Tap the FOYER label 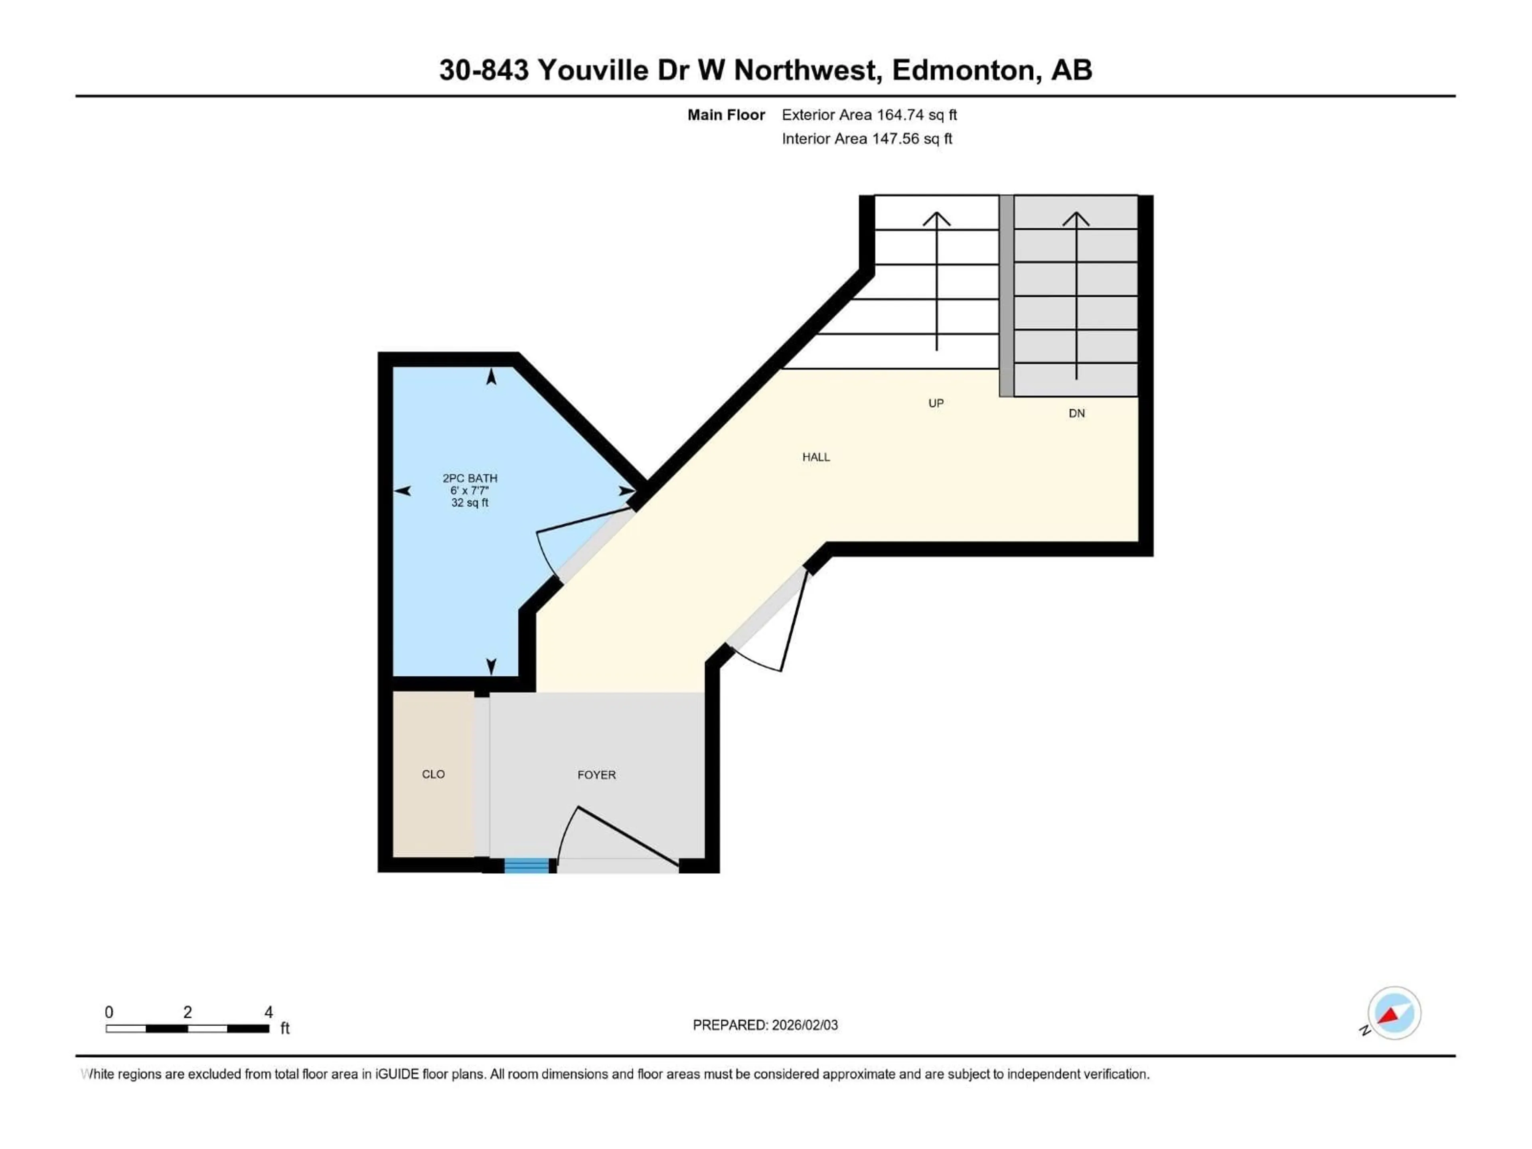click(596, 775)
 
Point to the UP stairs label click(936, 403)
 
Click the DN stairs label click(1076, 413)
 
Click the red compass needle click(1389, 1015)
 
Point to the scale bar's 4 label click(269, 1012)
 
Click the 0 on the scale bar click(109, 1012)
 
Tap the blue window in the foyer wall click(526, 865)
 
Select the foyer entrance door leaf click(627, 836)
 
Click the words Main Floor click(726, 115)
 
